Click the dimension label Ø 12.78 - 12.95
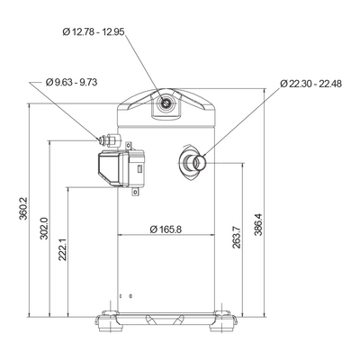[x=94, y=31]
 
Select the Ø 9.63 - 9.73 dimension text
[x=71, y=82]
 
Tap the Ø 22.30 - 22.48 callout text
[x=311, y=84]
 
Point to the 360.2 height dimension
[x=23, y=209]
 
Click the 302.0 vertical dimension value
[x=44, y=228]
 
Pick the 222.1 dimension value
[x=62, y=249]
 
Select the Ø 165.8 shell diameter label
[x=166, y=229]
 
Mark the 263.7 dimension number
[x=236, y=238]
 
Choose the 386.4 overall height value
[x=258, y=224]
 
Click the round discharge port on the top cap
[x=166, y=103]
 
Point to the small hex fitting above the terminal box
[x=109, y=139]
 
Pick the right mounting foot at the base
[x=222, y=321]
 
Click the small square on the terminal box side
[x=139, y=169]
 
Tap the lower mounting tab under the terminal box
[x=136, y=191]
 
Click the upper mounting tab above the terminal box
[x=129, y=146]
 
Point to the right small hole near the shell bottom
[x=130, y=296]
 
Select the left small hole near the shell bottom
[x=121, y=296]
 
